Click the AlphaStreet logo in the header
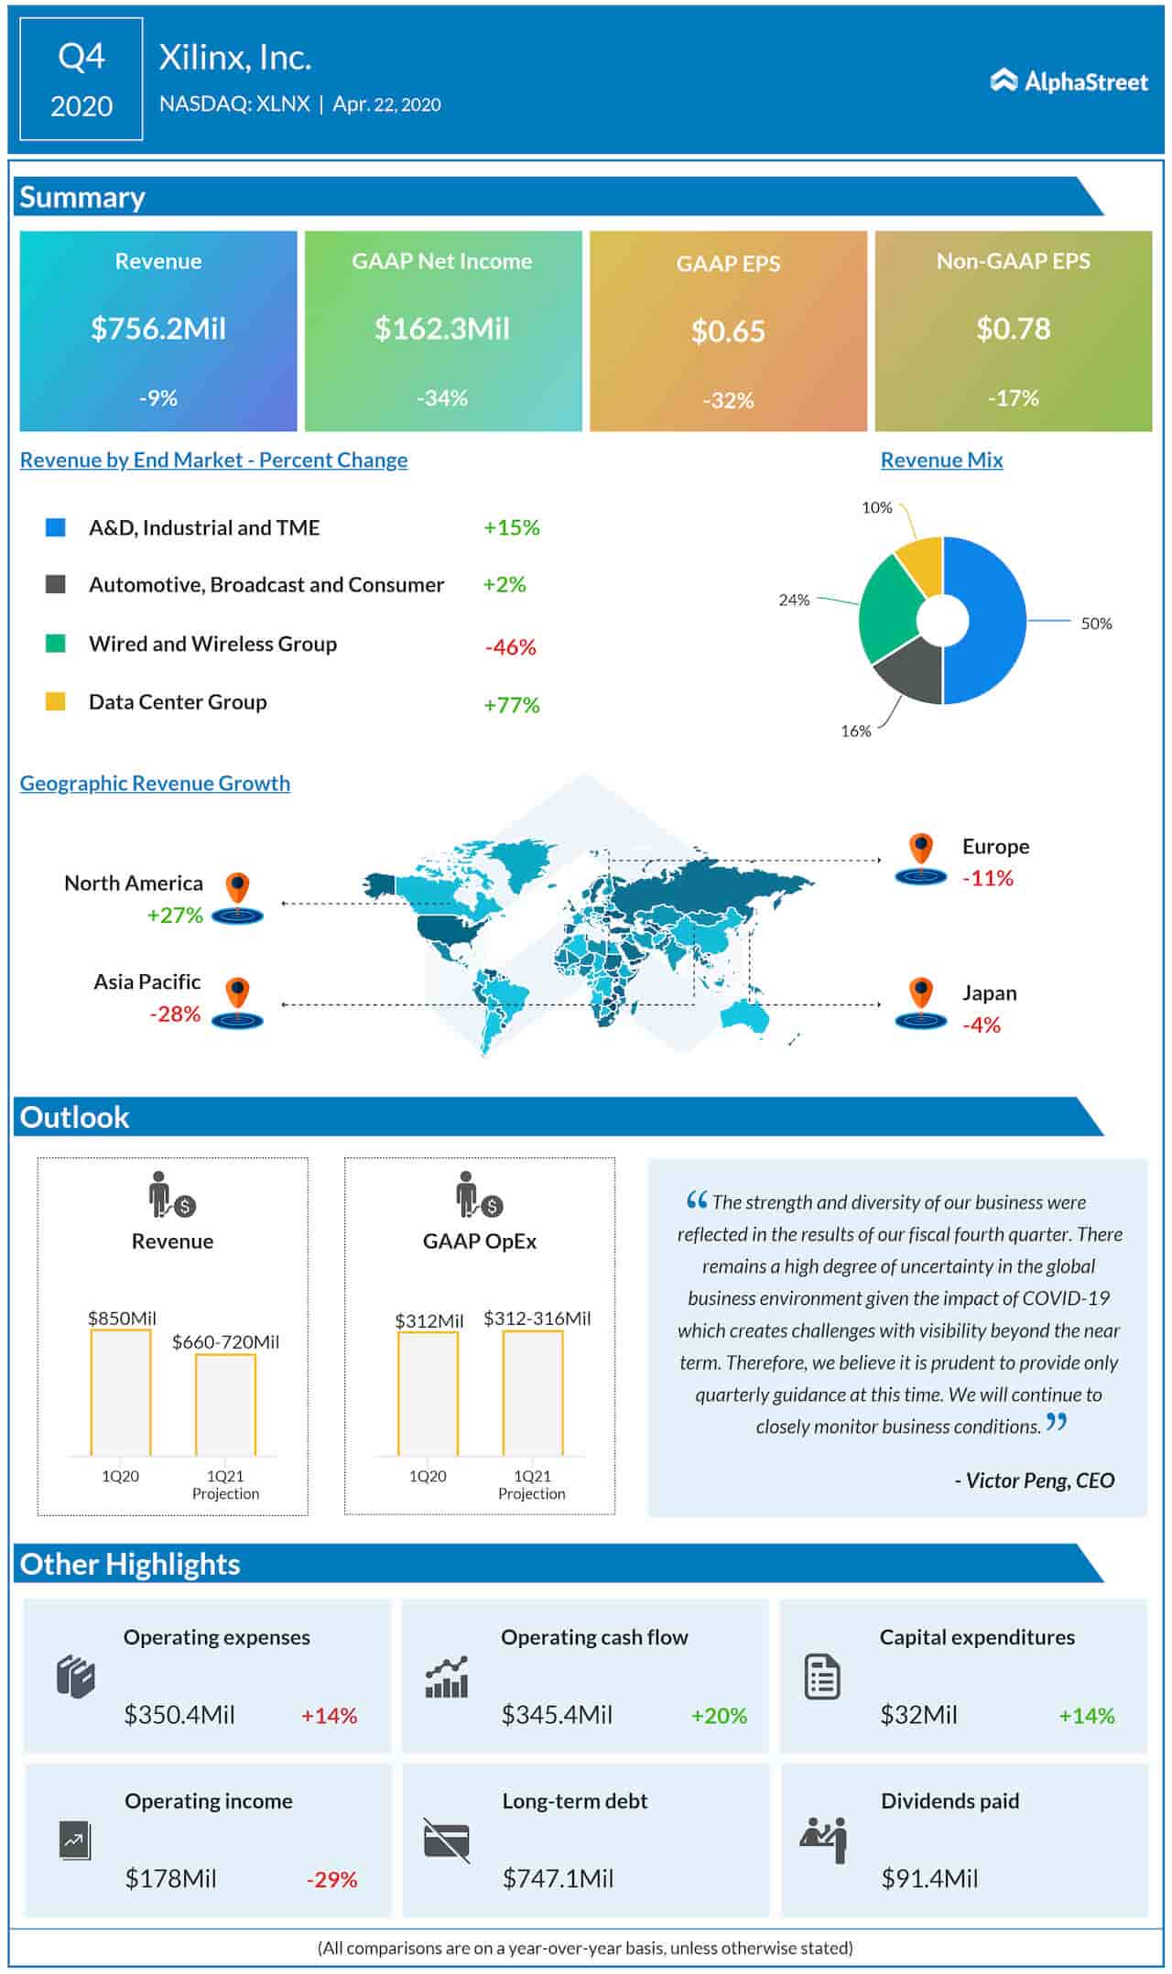coord(1069,81)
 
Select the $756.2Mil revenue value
coord(157,329)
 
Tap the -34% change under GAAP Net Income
coord(442,398)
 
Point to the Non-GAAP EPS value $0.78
coord(1013,329)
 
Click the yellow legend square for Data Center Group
coord(56,702)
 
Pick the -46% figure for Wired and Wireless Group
coord(511,647)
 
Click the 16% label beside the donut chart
coord(856,731)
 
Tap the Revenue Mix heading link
coord(941,460)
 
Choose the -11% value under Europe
coord(987,878)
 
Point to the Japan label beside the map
coord(989,992)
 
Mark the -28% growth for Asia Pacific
coord(175,1014)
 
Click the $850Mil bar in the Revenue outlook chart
coord(121,1392)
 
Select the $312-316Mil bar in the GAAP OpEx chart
coord(533,1393)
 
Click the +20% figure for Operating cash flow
coord(719,1716)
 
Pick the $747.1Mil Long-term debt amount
coord(558,1879)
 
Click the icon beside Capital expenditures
coord(821,1677)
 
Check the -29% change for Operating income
coord(331,1880)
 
